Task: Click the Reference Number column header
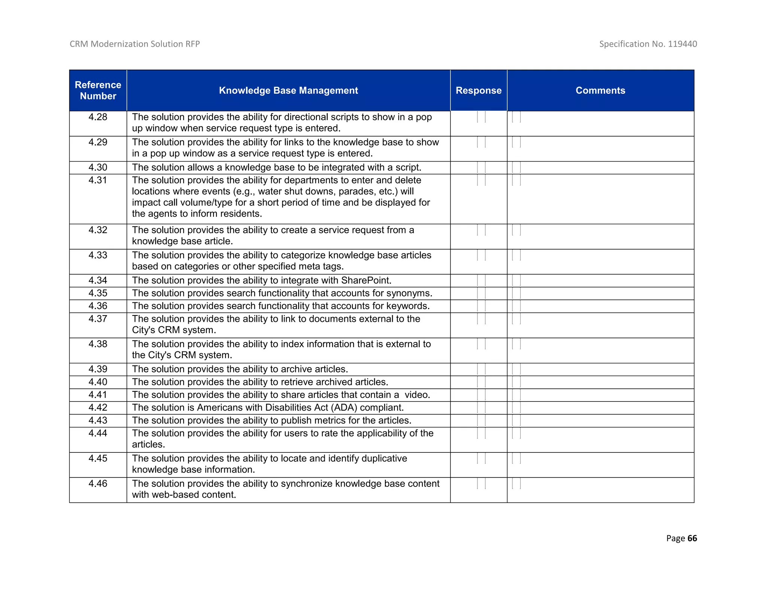point(98,90)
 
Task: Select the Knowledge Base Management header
point(288,91)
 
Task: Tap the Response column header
point(478,91)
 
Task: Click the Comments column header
point(600,91)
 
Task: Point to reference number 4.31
point(98,180)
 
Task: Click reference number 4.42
point(98,408)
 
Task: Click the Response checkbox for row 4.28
point(481,117)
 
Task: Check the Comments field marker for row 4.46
point(516,483)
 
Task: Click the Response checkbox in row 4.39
point(481,369)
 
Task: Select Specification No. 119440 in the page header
point(648,44)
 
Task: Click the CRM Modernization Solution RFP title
point(135,44)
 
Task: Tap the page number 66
point(692,538)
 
